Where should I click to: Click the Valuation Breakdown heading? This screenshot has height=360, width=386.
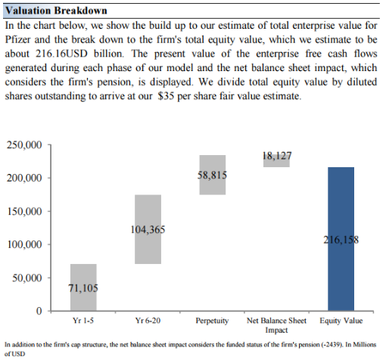[56, 11]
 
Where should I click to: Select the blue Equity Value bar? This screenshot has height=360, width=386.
[341, 239]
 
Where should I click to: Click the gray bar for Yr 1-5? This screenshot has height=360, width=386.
[83, 287]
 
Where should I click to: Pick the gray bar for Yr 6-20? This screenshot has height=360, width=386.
[148, 229]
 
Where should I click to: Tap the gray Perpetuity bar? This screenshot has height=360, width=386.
[213, 175]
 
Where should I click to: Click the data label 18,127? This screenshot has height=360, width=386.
[277, 156]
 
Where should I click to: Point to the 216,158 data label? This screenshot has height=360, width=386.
[341, 240]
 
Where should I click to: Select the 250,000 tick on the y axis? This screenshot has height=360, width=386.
[24, 145]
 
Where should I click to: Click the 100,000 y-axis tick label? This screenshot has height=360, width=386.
[24, 244]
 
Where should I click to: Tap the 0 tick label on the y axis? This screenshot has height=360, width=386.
[39, 311]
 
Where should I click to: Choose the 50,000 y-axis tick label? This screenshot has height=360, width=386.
[27, 278]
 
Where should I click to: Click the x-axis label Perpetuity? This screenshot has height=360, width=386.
[212, 321]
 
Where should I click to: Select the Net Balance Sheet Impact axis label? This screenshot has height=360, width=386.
[276, 325]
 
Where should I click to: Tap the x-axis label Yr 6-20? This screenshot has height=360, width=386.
[148, 321]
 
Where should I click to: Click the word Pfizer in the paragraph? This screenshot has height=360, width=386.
[18, 39]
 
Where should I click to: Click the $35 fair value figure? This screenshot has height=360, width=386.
[166, 96]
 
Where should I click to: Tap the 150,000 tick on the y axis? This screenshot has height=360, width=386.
[24, 211]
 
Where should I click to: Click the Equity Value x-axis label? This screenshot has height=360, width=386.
[341, 321]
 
